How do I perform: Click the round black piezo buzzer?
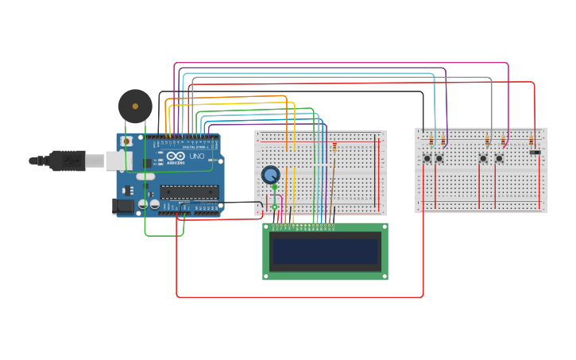(x=135, y=106)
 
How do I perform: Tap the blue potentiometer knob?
(x=271, y=175)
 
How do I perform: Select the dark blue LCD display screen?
(x=325, y=252)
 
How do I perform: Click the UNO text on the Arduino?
(x=196, y=157)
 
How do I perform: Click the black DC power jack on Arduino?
(x=124, y=206)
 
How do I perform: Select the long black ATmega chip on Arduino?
(x=189, y=192)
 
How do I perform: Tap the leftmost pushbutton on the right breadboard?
(x=427, y=158)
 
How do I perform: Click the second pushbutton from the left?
(x=439, y=158)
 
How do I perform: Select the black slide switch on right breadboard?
(x=535, y=152)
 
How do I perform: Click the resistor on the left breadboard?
(x=334, y=147)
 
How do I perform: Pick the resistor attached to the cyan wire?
(x=431, y=141)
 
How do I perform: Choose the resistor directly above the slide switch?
(x=532, y=141)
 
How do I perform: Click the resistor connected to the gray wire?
(x=487, y=141)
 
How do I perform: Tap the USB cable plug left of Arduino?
(x=68, y=161)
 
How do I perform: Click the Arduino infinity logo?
(x=173, y=157)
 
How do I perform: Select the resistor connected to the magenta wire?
(x=503, y=141)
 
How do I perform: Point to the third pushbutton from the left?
(x=483, y=158)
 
